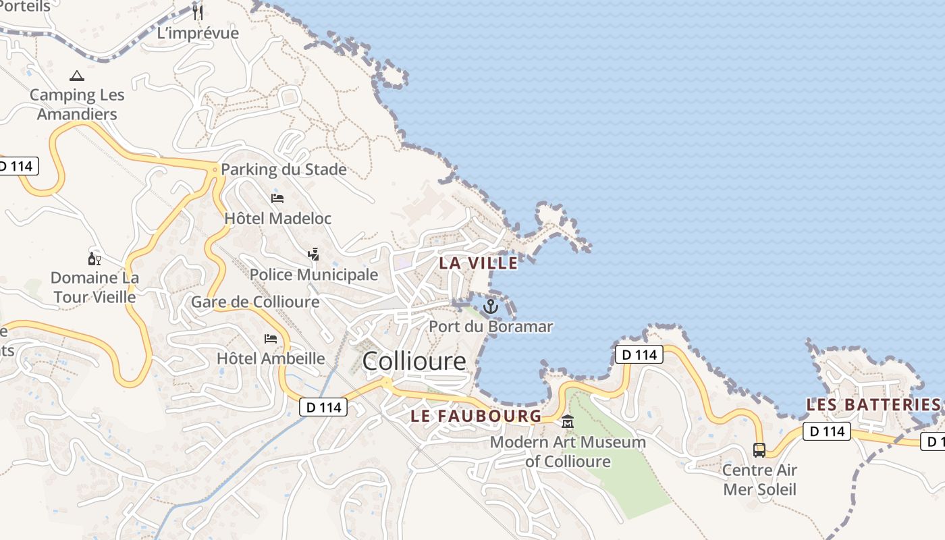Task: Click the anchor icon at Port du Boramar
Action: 491,307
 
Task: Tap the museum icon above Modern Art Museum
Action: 568,422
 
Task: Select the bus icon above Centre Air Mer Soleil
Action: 759,450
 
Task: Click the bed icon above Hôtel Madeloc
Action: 277,198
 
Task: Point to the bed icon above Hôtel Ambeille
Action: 271,338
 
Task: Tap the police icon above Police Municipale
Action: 313,254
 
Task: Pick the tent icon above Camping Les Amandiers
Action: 77,76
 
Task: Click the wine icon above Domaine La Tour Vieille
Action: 94,259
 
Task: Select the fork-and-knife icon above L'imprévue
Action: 197,12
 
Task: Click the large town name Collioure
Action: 414,361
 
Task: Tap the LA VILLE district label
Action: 479,263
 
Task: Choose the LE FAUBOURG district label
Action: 476,416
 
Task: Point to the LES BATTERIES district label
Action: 873,405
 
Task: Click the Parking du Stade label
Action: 283,169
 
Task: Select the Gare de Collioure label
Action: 255,302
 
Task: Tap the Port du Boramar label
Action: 491,327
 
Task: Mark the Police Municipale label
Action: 314,275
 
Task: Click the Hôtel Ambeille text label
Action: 271,358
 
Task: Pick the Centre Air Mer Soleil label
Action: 759,479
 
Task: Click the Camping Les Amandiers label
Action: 77,105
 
